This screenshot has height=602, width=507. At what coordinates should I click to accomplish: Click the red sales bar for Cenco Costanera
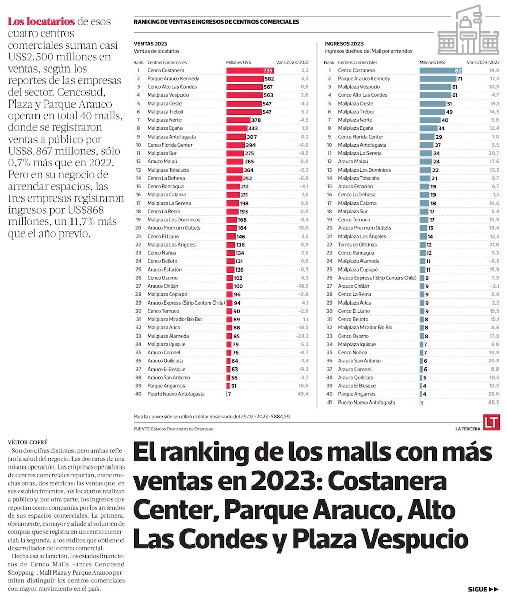249,70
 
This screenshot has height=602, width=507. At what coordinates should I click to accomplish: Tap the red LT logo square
491,422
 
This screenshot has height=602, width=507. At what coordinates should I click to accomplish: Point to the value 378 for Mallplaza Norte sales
256,120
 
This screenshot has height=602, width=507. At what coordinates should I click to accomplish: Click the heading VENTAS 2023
151,44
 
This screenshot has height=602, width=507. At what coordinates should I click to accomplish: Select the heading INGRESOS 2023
344,44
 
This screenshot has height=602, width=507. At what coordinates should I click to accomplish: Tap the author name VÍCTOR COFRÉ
27,442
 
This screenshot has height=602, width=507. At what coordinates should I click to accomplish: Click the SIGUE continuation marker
483,589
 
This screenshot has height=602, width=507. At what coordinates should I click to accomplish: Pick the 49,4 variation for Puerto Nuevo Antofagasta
303,394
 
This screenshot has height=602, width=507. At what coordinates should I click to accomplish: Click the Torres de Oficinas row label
357,245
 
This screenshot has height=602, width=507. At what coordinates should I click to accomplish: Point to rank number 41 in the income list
329,403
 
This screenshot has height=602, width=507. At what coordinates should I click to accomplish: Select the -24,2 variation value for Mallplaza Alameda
302,336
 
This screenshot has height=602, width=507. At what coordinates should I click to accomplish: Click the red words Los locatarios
41,21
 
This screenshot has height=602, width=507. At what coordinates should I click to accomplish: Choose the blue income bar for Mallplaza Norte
430,120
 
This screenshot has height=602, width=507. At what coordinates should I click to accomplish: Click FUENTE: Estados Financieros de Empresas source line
173,429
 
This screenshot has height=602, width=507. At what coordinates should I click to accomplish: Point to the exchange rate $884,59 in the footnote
281,417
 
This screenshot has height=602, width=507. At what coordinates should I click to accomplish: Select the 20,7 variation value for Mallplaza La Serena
494,153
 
